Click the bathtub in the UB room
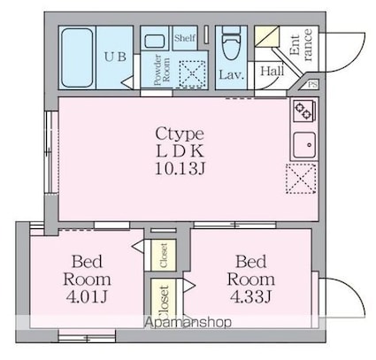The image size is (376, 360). tap(77, 57)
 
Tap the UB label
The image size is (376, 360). tap(115, 57)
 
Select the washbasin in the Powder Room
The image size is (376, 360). tap(155, 41)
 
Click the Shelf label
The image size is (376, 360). tap(185, 38)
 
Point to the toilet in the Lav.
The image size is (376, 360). tap(231, 42)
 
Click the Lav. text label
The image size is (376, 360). tap(232, 75)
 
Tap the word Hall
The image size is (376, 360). tap(272, 71)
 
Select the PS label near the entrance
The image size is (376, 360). tap(313, 85)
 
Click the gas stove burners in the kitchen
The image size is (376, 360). tap(303, 111)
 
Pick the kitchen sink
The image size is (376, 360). tap(304, 145)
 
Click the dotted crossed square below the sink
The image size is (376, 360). tap(301, 179)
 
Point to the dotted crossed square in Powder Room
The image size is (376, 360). tap(193, 73)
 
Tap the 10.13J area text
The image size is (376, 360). tap(180, 169)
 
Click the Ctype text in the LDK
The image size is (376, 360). tap(180, 134)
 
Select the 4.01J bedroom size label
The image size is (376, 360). tap(87, 297)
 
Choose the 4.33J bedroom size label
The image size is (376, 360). tap(250, 297)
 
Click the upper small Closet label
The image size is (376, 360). tap(164, 256)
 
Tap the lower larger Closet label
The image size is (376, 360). tap(164, 301)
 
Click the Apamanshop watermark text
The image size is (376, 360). tap(188, 323)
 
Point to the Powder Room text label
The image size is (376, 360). tap(162, 70)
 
